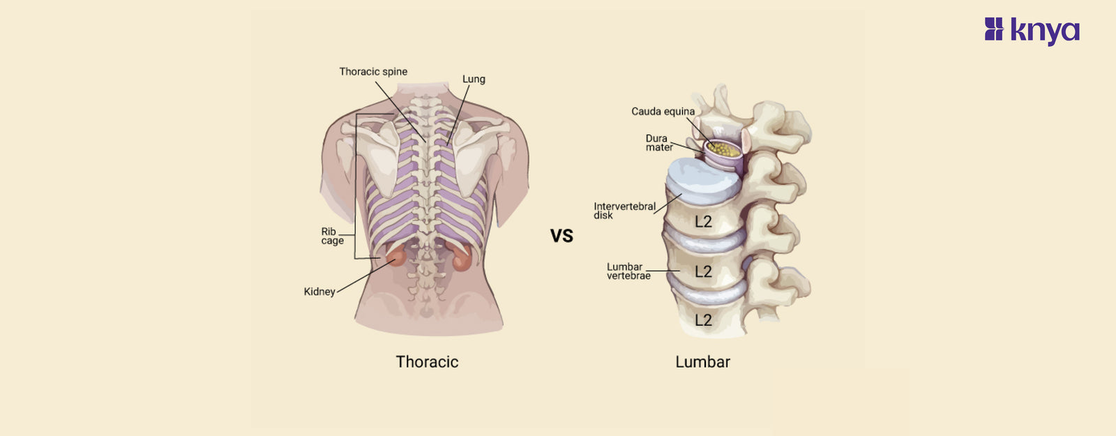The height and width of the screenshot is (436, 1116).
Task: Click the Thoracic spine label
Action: click(x=373, y=72)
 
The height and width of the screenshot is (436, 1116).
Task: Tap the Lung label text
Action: click(x=474, y=80)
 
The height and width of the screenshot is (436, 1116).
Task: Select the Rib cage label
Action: click(x=332, y=236)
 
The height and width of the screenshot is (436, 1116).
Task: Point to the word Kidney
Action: click(x=319, y=292)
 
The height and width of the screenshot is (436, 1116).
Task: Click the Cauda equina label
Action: click(x=663, y=112)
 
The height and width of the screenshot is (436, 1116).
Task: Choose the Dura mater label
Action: click(x=658, y=143)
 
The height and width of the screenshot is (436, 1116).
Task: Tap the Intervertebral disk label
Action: click(x=624, y=211)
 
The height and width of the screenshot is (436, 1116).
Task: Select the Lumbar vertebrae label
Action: click(x=628, y=271)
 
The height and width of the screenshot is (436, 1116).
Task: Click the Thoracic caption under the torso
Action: click(x=427, y=361)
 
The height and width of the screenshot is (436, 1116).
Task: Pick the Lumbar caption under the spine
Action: click(x=702, y=361)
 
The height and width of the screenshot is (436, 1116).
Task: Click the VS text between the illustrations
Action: click(x=561, y=236)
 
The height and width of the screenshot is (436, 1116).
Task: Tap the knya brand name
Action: click(x=1045, y=31)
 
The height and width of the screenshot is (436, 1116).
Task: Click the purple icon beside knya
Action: click(x=994, y=29)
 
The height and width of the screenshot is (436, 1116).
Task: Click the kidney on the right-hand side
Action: click(x=462, y=260)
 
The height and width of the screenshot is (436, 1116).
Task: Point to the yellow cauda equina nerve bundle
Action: click(x=723, y=149)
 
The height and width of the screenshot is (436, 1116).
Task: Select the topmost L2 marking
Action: click(x=703, y=222)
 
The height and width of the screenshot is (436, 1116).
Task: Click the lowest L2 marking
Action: click(x=703, y=320)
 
